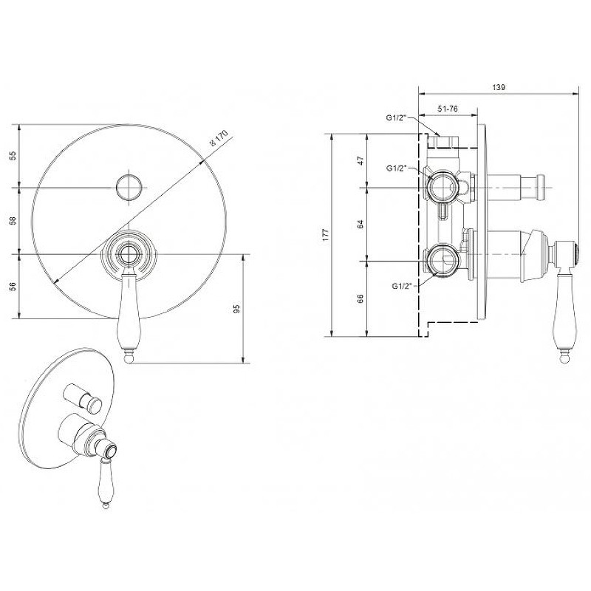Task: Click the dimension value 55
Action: [x=13, y=156]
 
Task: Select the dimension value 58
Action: [x=13, y=220]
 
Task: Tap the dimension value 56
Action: [x=13, y=287]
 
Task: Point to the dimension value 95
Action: [x=236, y=309]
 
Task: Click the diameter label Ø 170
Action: [x=219, y=138]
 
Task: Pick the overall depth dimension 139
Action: [x=499, y=87]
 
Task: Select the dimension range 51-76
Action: [x=448, y=109]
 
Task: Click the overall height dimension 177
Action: [x=326, y=235]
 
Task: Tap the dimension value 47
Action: [x=361, y=161]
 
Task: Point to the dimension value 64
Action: [x=361, y=225]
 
